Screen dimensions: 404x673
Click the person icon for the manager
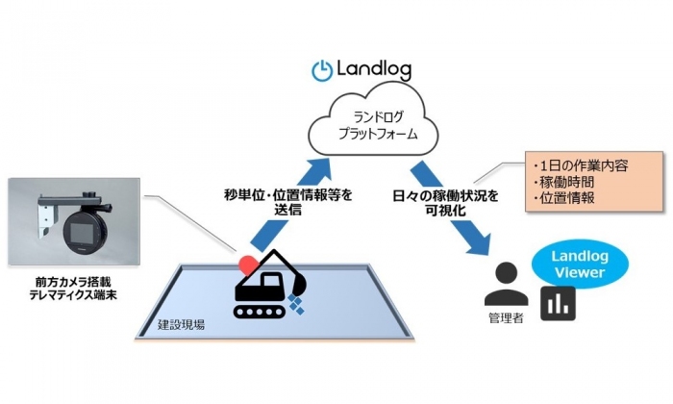pos(506,283)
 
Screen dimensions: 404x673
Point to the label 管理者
pos(506,318)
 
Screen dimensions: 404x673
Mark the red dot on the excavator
pos(247,262)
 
